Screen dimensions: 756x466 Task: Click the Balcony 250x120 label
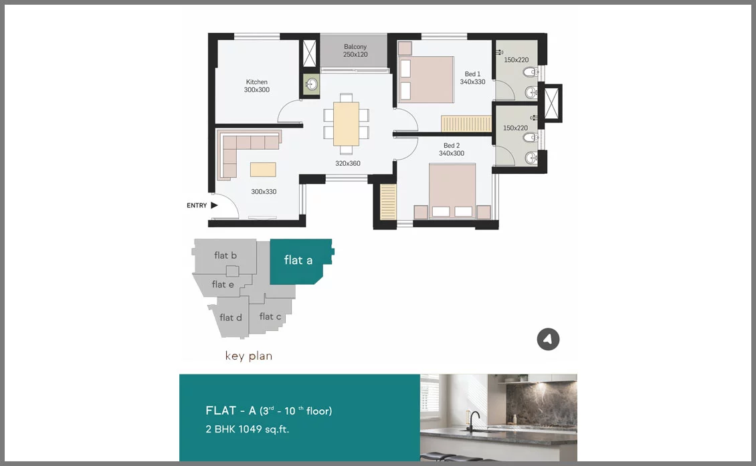coord(355,51)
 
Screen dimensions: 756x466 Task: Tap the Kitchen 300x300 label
coord(256,86)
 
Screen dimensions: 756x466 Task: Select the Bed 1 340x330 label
coord(472,78)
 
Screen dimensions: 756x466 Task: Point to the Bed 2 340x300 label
coord(452,149)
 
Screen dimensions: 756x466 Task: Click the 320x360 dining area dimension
coord(348,163)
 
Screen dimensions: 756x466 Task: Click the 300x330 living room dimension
coord(264,191)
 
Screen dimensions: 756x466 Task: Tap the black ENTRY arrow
coord(214,205)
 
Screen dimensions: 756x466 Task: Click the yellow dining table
coord(346,124)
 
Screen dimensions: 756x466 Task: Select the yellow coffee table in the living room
coord(263,170)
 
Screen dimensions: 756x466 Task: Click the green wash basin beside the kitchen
coord(311,85)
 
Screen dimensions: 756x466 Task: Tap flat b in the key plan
coord(225,255)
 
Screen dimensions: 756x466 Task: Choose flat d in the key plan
coord(230,317)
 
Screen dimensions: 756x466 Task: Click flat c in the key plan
coord(270,316)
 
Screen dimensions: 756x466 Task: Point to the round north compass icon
coord(548,339)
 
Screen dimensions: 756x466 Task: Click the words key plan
coord(249,356)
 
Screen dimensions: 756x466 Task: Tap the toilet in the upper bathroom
coord(531,73)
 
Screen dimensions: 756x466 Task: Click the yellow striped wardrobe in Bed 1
coord(466,124)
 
